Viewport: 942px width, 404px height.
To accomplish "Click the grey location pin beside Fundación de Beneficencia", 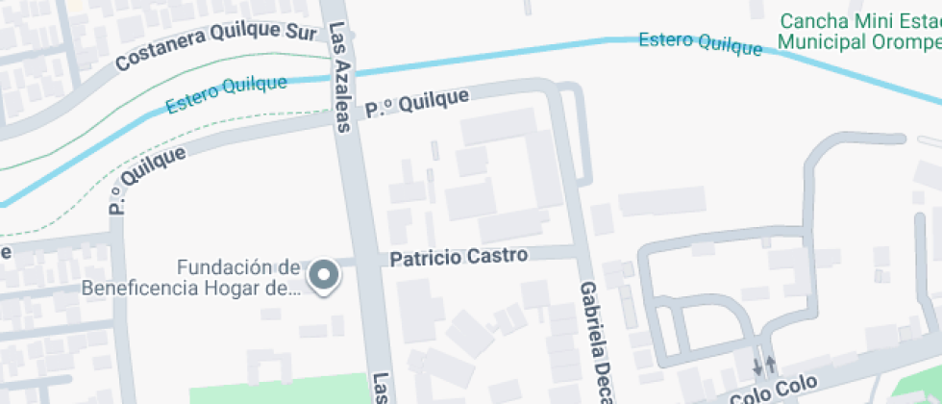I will (x=324, y=276).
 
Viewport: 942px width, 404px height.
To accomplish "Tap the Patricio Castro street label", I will (x=459, y=257).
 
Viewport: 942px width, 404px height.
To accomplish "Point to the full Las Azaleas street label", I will (x=339, y=75).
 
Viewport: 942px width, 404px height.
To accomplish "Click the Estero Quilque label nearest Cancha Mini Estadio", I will (x=701, y=43).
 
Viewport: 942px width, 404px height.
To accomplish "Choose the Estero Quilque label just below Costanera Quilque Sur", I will (x=226, y=93).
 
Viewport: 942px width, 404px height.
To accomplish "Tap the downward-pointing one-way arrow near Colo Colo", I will (x=756, y=366).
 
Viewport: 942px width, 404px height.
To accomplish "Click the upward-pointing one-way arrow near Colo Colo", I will (x=771, y=366).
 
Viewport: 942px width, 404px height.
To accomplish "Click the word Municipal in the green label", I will (x=817, y=41).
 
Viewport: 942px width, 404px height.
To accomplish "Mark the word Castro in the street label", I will (x=499, y=257).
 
